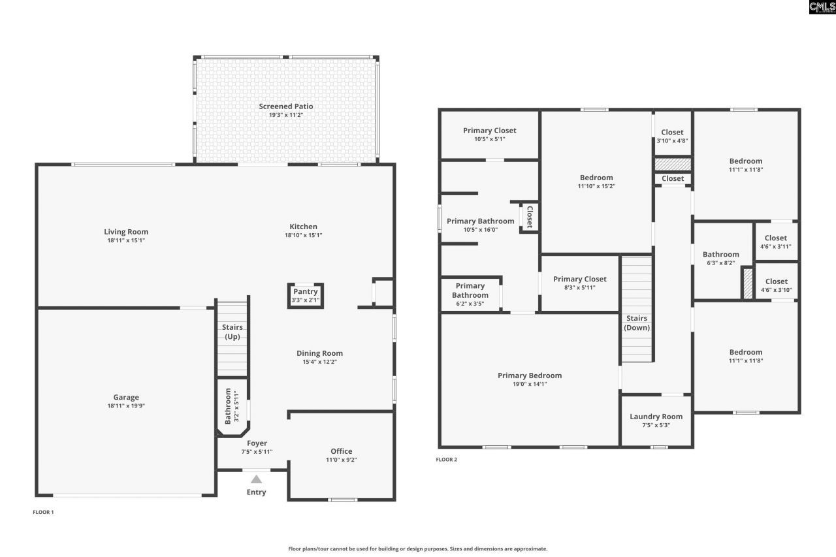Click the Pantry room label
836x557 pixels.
pyautogui.click(x=305, y=292)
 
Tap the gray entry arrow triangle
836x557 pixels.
pyautogui.click(x=256, y=479)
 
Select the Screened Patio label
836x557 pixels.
pyautogui.click(x=285, y=106)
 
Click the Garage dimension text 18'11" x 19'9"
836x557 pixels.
pyautogui.click(x=126, y=406)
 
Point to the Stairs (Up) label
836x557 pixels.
pyautogui.click(x=233, y=332)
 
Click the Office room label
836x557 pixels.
pyautogui.click(x=341, y=451)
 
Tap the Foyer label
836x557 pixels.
pyautogui.click(x=257, y=443)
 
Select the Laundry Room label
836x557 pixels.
pyautogui.click(x=656, y=417)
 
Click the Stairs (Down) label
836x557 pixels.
pyautogui.click(x=636, y=323)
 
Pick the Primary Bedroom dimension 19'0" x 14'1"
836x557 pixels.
pyautogui.click(x=529, y=384)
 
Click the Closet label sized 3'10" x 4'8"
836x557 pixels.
pyautogui.click(x=672, y=133)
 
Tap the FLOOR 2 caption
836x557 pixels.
pyautogui.click(x=447, y=460)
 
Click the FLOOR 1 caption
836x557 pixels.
pyautogui.click(x=43, y=512)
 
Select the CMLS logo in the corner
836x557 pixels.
pyautogui.click(x=822, y=7)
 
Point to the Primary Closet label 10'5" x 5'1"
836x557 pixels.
pyautogui.click(x=489, y=131)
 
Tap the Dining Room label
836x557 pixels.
pyautogui.click(x=319, y=353)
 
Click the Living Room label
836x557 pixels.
pyautogui.click(x=126, y=232)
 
